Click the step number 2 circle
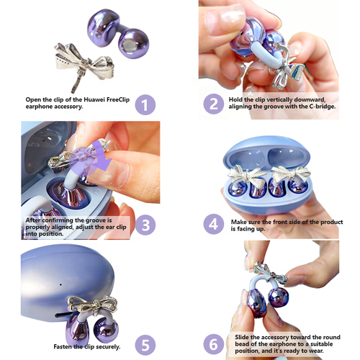213,104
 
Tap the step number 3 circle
146,224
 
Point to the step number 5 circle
146,343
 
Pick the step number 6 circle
213,343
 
